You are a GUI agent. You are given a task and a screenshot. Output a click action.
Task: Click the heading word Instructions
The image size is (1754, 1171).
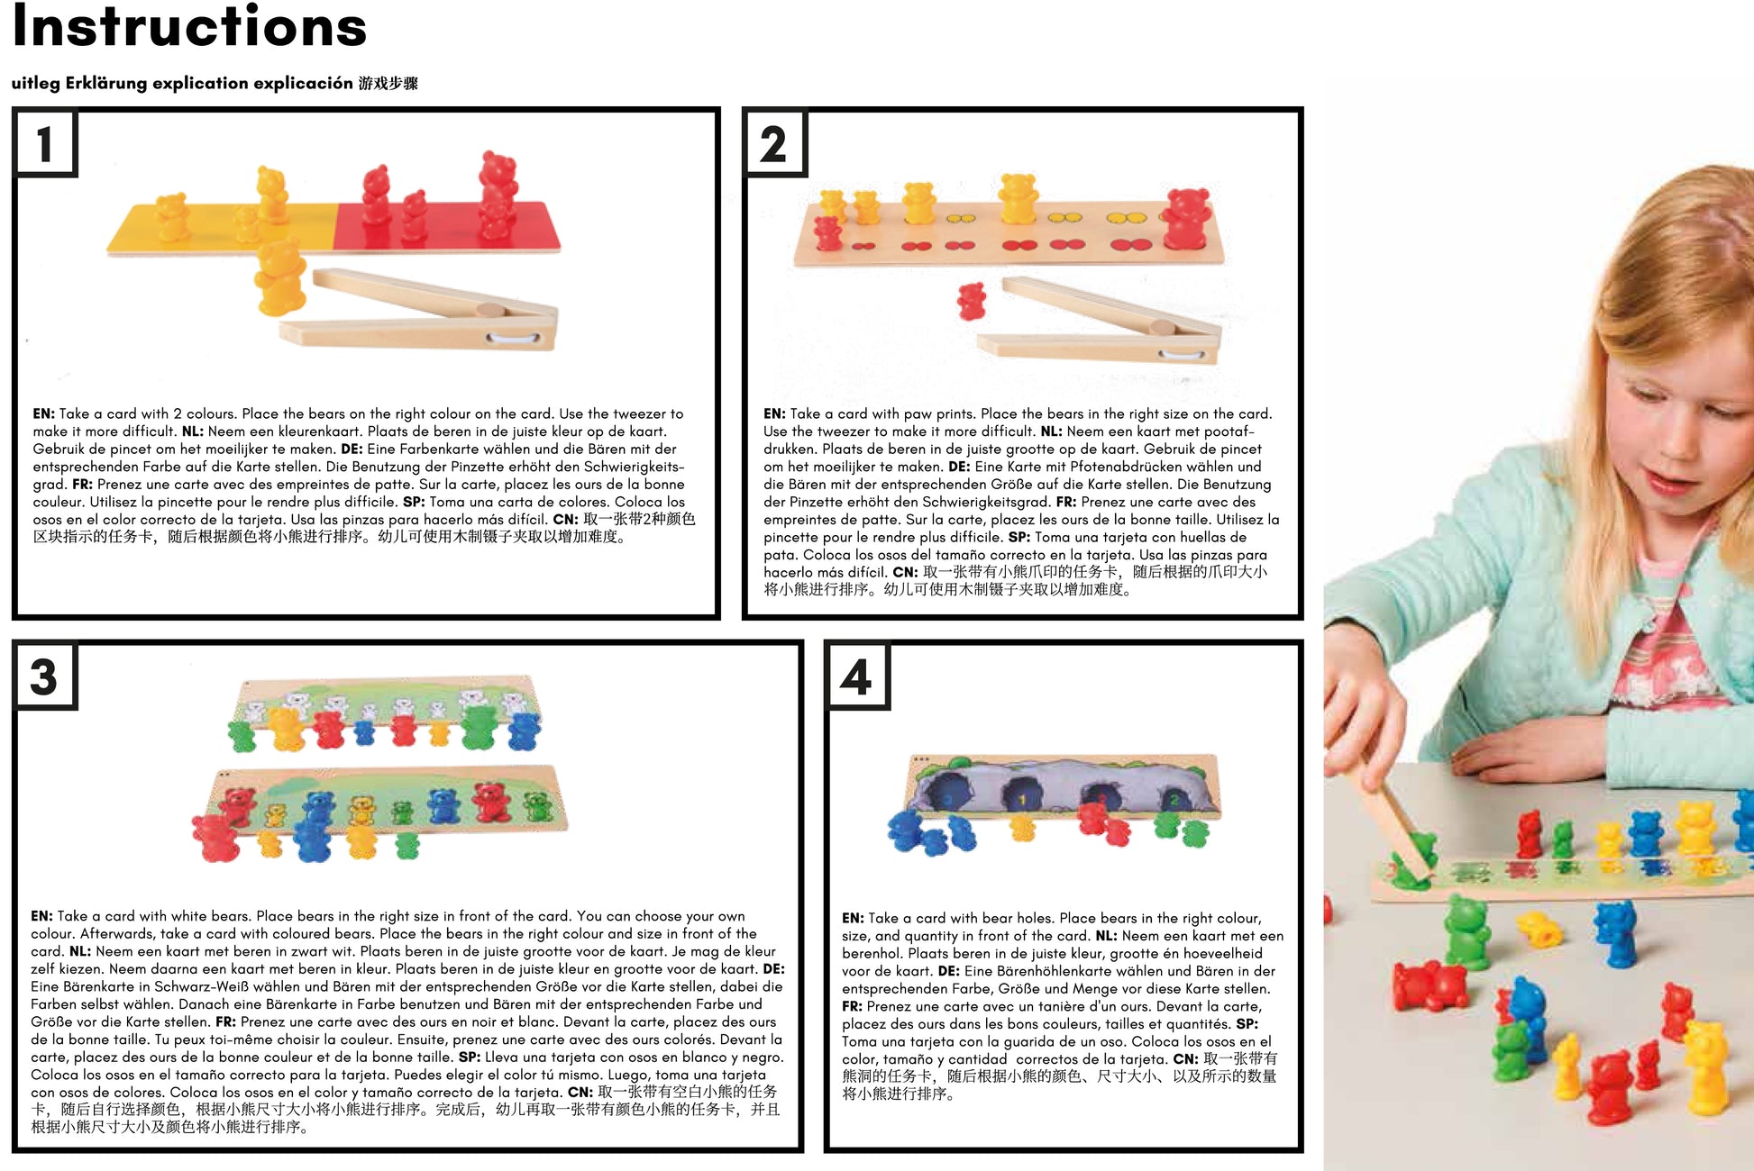point(189,26)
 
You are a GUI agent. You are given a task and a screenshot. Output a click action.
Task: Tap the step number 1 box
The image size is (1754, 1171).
point(45,142)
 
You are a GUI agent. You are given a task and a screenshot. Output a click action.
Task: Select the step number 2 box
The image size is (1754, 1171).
point(773,142)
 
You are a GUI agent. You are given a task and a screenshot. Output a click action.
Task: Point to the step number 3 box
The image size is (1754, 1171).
point(45,676)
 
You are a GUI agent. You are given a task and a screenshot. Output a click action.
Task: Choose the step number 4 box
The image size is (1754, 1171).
point(857,676)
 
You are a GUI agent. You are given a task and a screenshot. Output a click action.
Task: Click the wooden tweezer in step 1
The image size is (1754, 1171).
point(420,311)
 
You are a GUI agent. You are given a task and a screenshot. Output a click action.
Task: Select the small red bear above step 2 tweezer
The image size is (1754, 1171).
point(971,301)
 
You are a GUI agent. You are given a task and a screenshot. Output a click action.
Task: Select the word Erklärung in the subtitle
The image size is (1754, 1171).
point(105,83)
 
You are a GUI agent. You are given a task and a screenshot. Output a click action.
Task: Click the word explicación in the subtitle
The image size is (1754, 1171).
point(303,83)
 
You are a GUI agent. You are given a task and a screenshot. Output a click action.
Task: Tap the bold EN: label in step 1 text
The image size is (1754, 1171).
point(43,413)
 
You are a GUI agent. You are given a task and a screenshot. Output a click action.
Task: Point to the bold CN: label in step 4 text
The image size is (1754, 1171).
point(1185,1058)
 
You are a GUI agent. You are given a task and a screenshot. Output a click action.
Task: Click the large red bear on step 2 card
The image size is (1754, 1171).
point(1187,218)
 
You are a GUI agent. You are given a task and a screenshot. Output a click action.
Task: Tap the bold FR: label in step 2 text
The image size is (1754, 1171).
point(1066,502)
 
